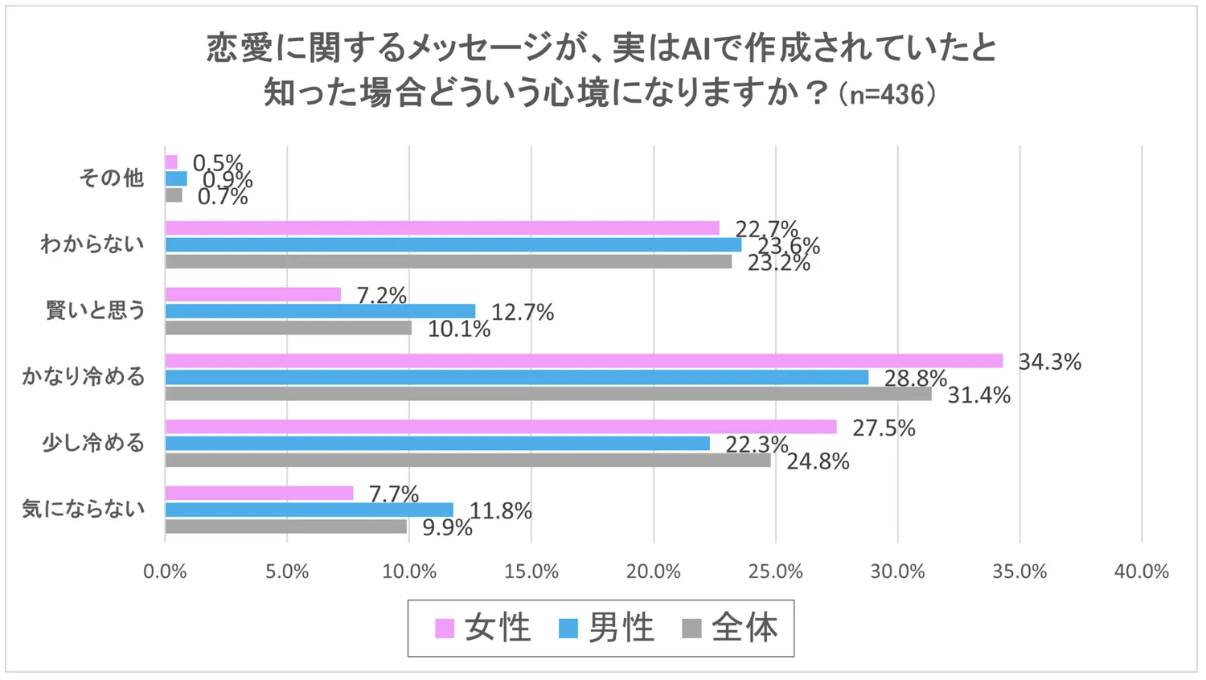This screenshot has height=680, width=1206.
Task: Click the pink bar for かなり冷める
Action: (x=584, y=361)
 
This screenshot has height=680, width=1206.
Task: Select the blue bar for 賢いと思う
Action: (x=320, y=311)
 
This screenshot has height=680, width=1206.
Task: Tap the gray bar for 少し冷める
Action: (x=468, y=461)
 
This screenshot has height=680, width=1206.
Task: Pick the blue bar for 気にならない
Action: (x=309, y=510)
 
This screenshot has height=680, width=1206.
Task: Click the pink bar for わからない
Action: (x=442, y=228)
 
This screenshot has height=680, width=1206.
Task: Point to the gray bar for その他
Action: (x=174, y=195)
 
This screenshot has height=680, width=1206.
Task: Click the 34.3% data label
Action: (x=1049, y=362)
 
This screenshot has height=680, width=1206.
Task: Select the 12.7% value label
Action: (x=523, y=312)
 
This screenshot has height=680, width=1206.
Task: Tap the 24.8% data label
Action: (x=818, y=461)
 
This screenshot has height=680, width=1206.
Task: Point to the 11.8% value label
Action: (x=500, y=510)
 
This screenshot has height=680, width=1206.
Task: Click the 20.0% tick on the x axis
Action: (x=654, y=571)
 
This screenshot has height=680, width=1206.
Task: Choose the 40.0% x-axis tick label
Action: (x=1141, y=571)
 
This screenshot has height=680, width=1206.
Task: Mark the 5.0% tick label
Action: (x=287, y=571)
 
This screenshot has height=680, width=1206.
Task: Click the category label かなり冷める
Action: (x=84, y=376)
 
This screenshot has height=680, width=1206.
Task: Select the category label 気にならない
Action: (x=84, y=509)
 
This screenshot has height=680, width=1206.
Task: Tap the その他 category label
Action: (x=111, y=178)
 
